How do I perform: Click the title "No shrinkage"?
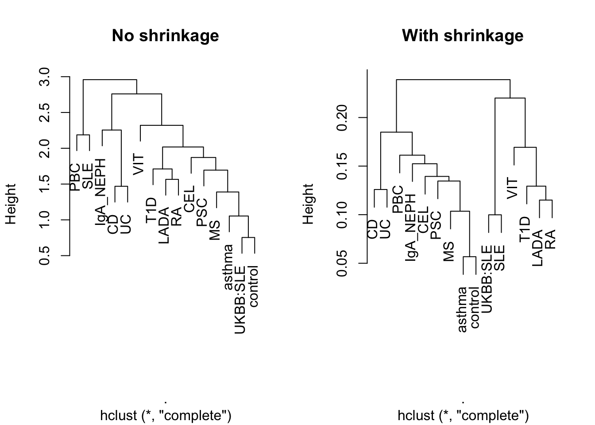165,35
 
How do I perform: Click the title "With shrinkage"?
463,35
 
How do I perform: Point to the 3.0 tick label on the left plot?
44,77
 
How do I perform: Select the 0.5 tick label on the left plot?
44,256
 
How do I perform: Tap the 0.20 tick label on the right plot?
342,118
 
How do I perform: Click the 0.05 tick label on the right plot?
342,263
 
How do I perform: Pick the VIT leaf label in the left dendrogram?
139,165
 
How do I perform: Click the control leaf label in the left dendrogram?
253,286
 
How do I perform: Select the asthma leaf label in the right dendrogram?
463,310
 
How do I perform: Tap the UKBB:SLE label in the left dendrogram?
240,301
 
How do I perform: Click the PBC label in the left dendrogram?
75,178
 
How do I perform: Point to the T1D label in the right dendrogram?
525,230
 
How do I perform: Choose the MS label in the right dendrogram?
448,251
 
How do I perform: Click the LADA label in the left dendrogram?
164,225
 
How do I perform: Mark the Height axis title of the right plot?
308,204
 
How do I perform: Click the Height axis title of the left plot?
11,204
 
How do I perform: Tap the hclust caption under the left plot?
166,416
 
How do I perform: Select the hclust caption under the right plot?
463,416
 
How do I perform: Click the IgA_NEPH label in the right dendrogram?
411,228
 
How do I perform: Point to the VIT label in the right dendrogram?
512,189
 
